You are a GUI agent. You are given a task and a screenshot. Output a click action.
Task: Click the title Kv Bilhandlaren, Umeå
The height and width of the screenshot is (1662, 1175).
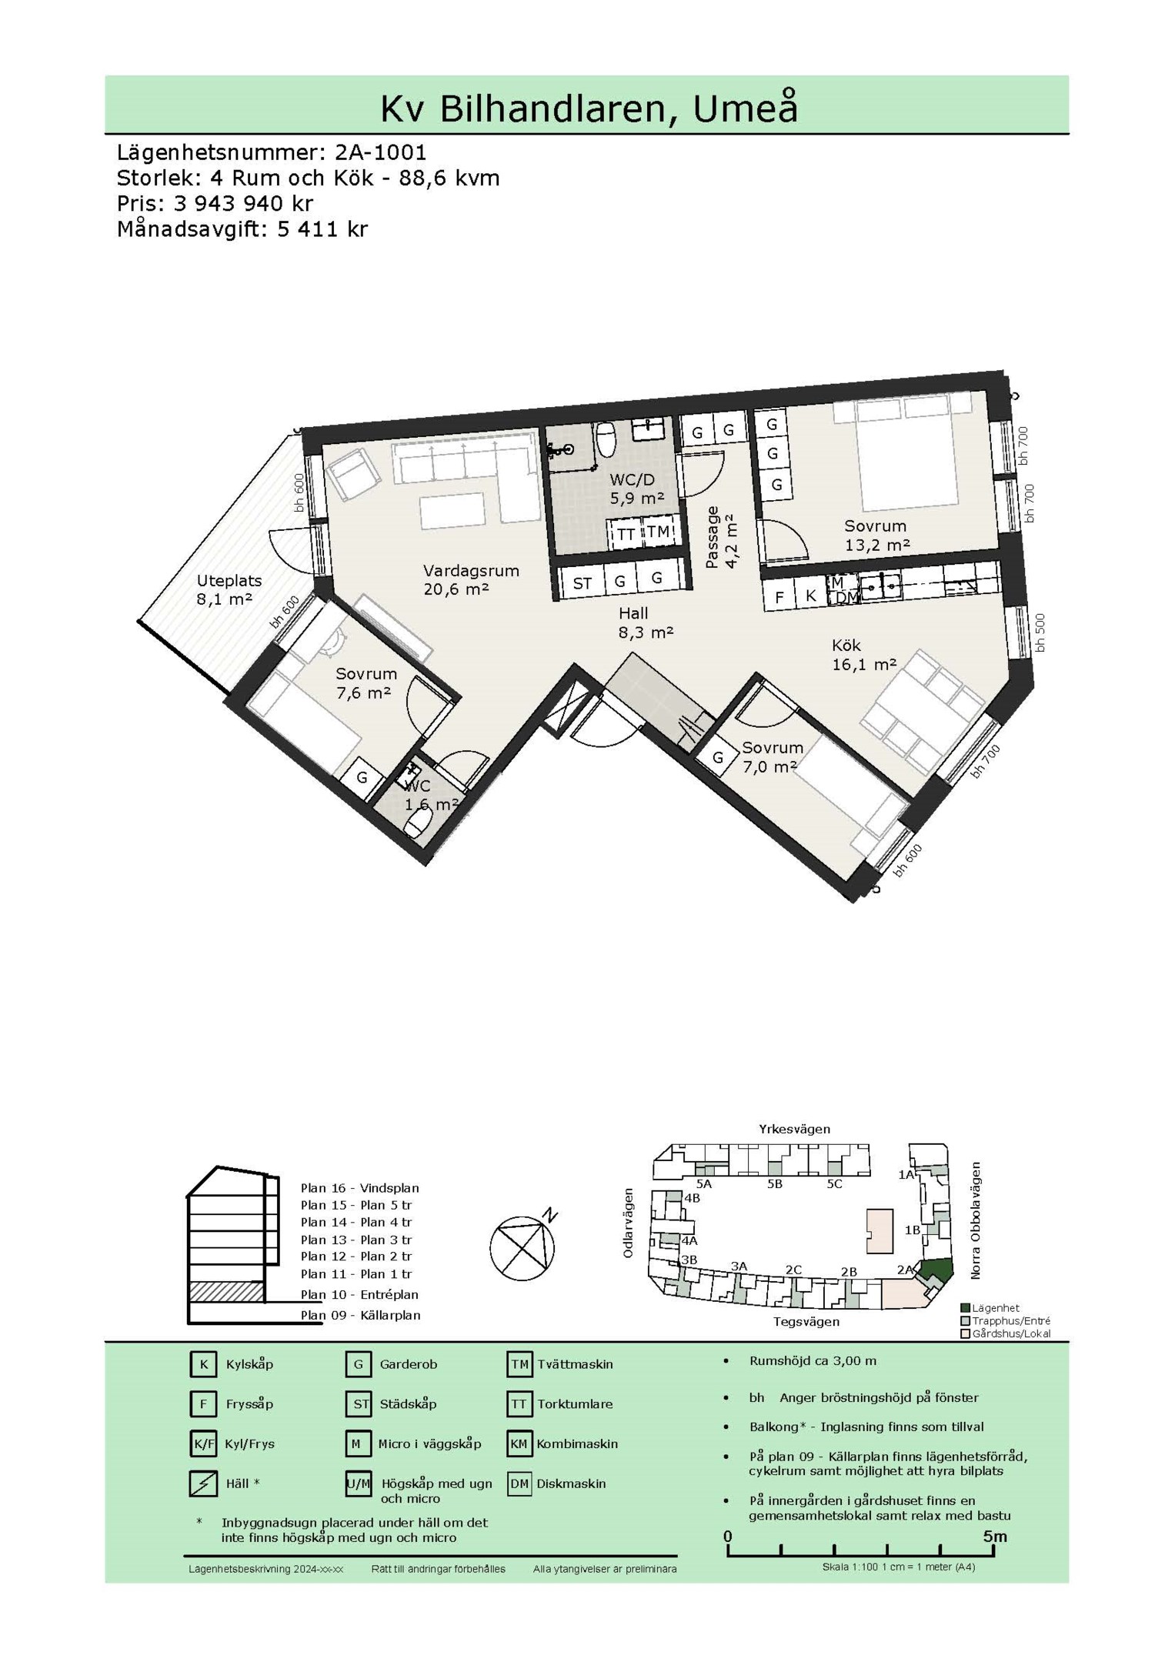click(x=589, y=108)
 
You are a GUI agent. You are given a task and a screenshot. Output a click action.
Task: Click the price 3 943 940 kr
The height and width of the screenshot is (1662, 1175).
click(x=244, y=204)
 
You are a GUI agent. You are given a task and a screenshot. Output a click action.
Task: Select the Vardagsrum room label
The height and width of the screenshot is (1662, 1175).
click(x=471, y=571)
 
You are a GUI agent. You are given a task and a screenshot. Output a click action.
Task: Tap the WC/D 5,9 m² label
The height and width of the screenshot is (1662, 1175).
click(x=636, y=489)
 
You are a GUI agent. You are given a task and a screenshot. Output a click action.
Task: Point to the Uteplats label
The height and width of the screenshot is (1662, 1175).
click(x=229, y=581)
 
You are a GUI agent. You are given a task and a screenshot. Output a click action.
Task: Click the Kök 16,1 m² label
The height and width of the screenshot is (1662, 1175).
click(x=864, y=655)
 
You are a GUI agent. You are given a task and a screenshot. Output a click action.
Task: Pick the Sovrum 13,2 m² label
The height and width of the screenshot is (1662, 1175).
click(x=876, y=536)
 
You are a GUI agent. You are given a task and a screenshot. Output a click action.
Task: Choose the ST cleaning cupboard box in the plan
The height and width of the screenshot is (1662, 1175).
click(x=582, y=582)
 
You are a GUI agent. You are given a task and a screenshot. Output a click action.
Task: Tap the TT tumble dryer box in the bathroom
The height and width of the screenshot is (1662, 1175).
click(x=626, y=534)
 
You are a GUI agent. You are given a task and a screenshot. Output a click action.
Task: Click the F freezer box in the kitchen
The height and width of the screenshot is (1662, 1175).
click(x=779, y=596)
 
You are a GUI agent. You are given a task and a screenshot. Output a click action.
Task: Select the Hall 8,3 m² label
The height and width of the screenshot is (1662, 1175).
click(x=645, y=623)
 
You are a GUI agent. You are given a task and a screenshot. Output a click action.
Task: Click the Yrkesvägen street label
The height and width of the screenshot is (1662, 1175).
click(x=794, y=1130)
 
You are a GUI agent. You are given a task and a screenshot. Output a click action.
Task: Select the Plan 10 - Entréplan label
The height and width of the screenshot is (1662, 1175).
click(x=359, y=1294)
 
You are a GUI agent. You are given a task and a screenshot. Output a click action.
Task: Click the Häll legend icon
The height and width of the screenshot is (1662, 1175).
click(x=203, y=1483)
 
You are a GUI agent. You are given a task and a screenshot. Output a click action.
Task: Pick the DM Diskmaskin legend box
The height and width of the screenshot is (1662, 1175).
click(x=519, y=1483)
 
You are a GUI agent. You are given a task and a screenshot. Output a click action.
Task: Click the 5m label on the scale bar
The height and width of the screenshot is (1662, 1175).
click(x=994, y=1537)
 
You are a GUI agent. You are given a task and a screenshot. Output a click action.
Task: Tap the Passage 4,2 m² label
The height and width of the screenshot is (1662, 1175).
click(x=721, y=536)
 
